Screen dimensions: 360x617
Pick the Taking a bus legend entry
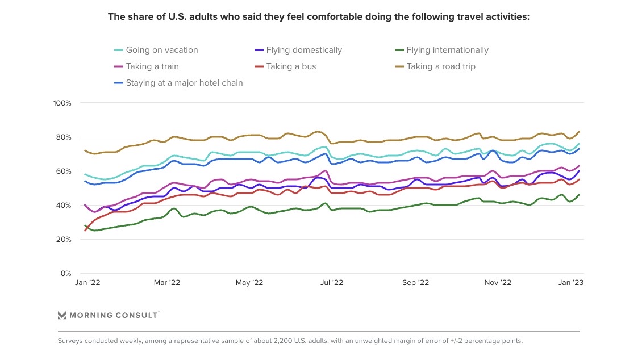[x=291, y=66]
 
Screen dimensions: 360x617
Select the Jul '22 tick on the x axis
[x=332, y=283]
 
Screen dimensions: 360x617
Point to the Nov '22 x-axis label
[x=498, y=283]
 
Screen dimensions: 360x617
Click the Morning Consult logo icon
[x=62, y=315]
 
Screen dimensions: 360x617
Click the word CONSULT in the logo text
[x=137, y=315]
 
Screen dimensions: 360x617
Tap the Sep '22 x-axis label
[x=415, y=283]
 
